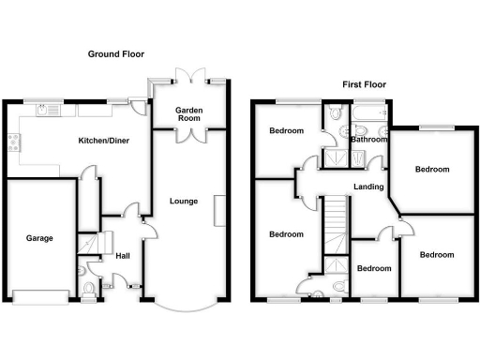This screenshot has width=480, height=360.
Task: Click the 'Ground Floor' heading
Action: pyautogui.click(x=117, y=55)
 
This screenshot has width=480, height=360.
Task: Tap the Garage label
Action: pyautogui.click(x=38, y=238)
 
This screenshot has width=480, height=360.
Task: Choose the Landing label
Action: pyautogui.click(x=368, y=187)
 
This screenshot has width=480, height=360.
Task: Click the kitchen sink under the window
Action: pyautogui.click(x=46, y=111)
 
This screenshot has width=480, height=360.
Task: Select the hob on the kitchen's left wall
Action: pyautogui.click(x=13, y=143)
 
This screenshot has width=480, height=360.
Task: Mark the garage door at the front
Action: pyautogui.click(x=39, y=296)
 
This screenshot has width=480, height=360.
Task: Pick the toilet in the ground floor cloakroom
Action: pyautogui.click(x=87, y=288)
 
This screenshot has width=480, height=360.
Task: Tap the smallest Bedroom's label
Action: pyautogui.click(x=374, y=268)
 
